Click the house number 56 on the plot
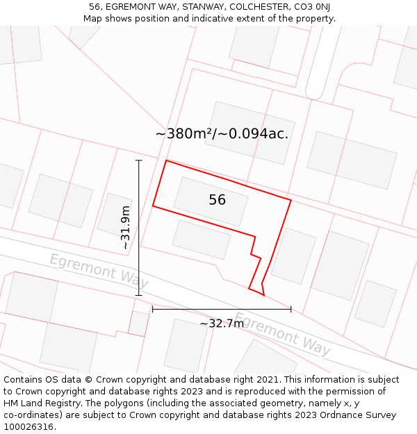[x=217, y=200]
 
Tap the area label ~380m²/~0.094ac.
[x=222, y=133]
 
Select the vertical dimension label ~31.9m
[x=125, y=228]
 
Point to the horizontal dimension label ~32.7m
[x=222, y=323]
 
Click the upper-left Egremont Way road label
[x=98, y=270]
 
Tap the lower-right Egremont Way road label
[x=281, y=333]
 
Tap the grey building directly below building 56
[x=202, y=240]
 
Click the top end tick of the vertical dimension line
[x=139, y=160]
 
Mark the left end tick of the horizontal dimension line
[x=153, y=309]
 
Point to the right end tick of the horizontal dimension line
[x=291, y=309]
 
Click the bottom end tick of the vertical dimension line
[x=139, y=295]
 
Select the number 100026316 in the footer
[x=28, y=427]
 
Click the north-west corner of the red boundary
[x=166, y=160]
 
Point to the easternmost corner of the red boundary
[x=291, y=201]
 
